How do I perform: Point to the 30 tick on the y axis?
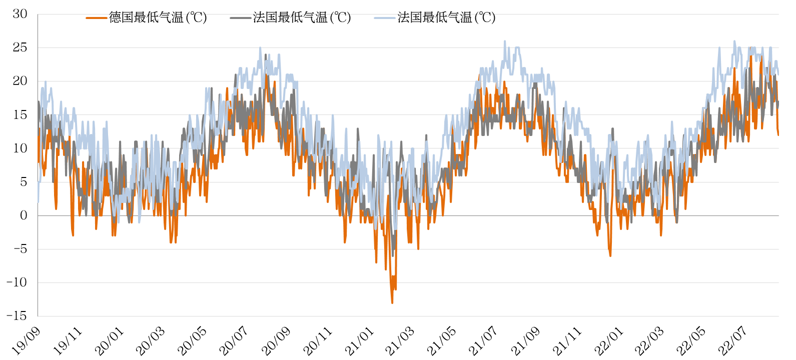(20, 14)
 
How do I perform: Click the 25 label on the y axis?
(20, 47)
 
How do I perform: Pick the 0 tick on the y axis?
(24, 215)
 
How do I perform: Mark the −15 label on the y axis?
(17, 316)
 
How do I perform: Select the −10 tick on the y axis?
(17, 282)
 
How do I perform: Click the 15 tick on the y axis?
(20, 114)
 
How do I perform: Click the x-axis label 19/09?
(27, 341)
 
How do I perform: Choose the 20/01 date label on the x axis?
(110, 341)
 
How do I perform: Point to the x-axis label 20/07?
(234, 341)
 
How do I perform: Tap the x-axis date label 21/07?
(483, 341)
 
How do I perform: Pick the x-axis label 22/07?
(733, 341)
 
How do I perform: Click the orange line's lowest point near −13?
(392, 302)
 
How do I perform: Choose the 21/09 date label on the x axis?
(525, 341)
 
